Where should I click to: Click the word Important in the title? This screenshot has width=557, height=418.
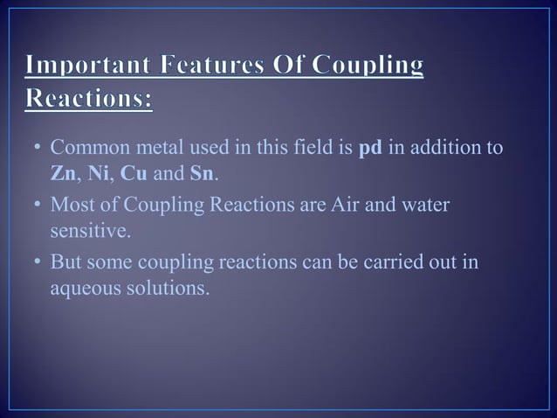point(79,67)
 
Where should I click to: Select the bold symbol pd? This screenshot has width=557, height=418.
point(371,147)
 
